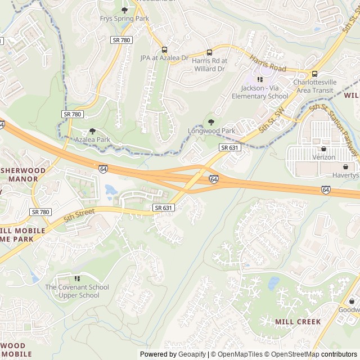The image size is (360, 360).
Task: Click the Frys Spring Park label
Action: pyautogui.click(x=124, y=19)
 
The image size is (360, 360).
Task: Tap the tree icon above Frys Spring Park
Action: pyautogui.click(x=124, y=10)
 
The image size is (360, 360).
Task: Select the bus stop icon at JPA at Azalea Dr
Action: pyautogui.click(x=164, y=49)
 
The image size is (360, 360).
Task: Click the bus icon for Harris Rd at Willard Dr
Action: pyautogui.click(x=209, y=52)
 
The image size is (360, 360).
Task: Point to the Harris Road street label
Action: pyautogui.click(x=268, y=64)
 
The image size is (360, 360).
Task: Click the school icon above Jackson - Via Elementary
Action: pyautogui.click(x=260, y=79)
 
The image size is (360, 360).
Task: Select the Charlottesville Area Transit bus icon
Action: pyautogui.click(x=314, y=74)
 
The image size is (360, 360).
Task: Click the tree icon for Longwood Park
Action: pyautogui.click(x=211, y=122)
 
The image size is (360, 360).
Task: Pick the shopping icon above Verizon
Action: pyautogui.click(x=323, y=149)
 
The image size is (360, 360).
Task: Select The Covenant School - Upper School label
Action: pyautogui.click(x=77, y=291)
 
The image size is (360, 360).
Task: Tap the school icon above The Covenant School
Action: pyautogui.click(x=77, y=278)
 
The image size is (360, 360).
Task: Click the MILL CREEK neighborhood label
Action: pyautogui.click(x=298, y=322)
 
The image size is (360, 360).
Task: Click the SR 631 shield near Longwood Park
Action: pyautogui.click(x=229, y=147)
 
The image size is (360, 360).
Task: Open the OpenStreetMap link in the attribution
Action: pyautogui.click(x=292, y=354)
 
